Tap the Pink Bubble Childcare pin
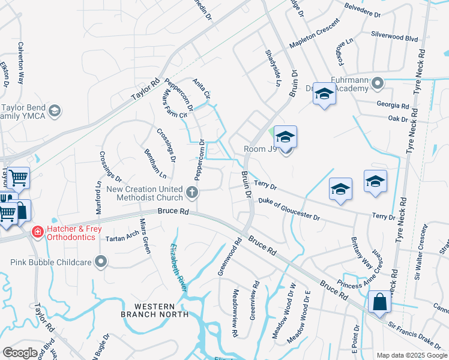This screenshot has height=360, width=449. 101,262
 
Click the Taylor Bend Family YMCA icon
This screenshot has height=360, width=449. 55,110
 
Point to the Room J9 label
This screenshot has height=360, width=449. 259,149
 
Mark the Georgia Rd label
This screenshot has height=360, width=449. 393,105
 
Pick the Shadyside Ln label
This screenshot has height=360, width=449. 273,68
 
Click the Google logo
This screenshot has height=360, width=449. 20,353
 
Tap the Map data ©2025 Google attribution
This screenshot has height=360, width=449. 411,355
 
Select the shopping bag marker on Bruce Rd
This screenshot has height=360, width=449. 380,302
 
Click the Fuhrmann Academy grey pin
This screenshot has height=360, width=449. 378,83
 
